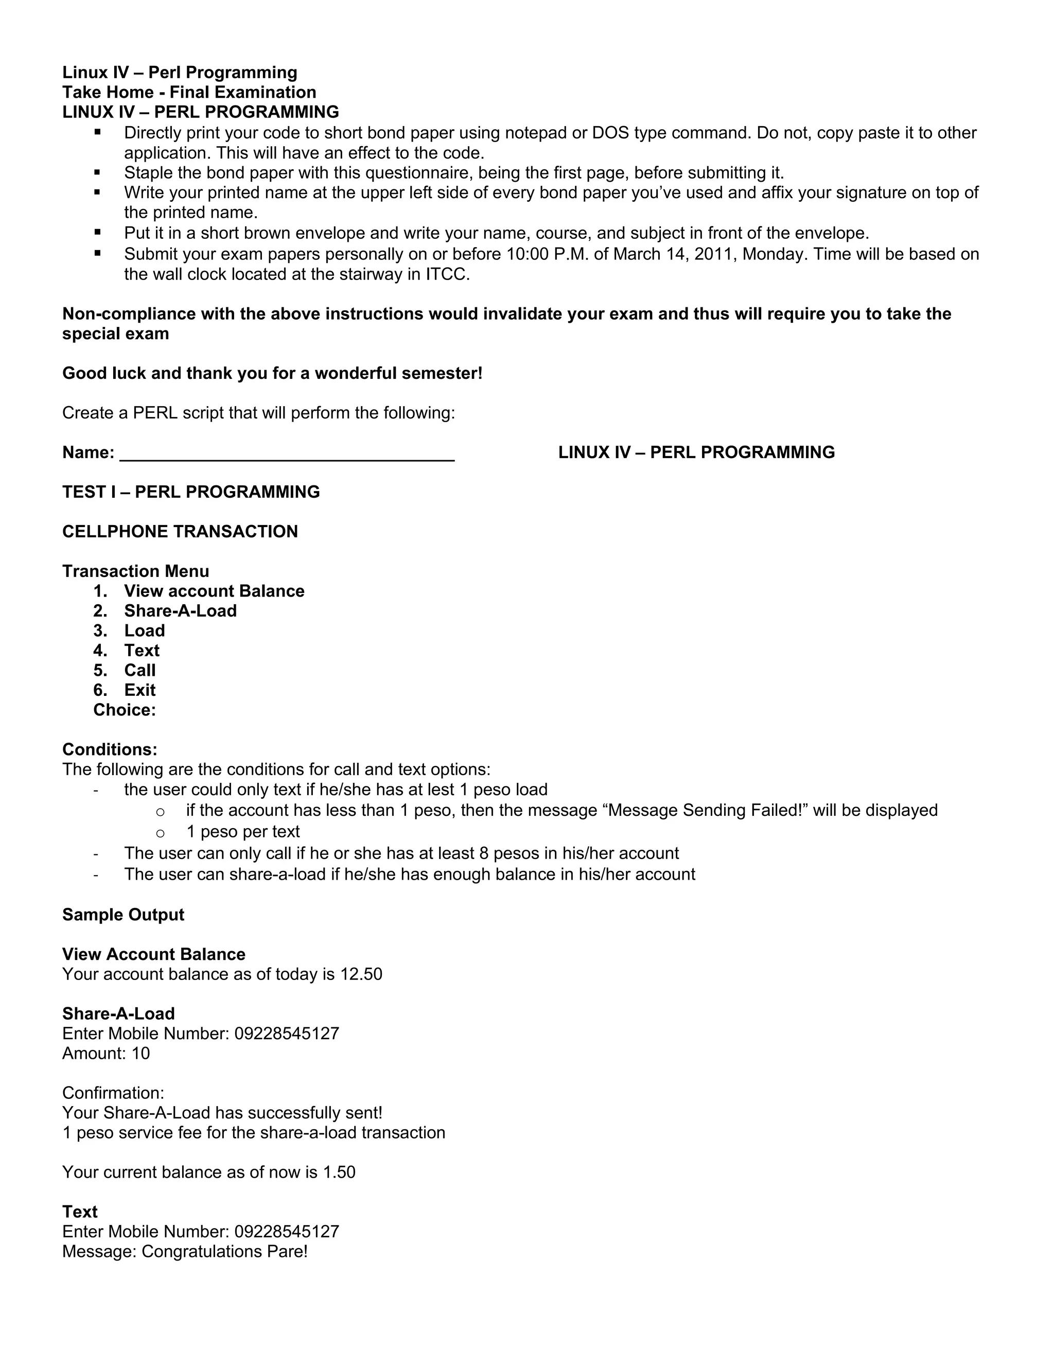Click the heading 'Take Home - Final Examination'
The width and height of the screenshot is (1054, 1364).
189,93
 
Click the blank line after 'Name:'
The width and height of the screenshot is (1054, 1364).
287,453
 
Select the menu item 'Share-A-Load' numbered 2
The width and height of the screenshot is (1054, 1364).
180,611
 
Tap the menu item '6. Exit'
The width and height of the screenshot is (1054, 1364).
139,690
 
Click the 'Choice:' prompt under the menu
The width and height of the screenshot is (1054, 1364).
124,710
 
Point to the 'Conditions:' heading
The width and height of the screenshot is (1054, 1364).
110,749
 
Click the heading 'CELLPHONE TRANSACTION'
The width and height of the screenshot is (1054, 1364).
180,532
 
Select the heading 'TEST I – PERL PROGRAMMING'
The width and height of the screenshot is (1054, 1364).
191,492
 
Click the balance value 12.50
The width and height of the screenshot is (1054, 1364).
361,974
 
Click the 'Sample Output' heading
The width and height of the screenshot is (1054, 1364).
123,915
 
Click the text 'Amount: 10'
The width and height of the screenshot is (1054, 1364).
106,1054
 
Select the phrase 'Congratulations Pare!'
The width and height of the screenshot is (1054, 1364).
225,1252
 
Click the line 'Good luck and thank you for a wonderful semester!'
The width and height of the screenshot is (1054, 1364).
272,374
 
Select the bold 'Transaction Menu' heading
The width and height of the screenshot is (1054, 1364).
135,571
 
